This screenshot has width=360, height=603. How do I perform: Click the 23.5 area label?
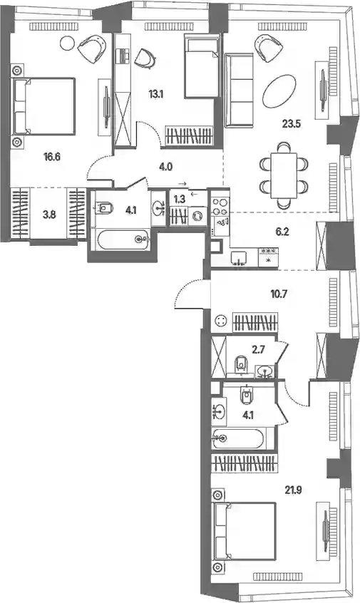click(292, 124)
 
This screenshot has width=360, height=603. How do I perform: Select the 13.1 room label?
click(156, 93)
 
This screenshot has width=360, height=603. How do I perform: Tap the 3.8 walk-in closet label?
click(49, 215)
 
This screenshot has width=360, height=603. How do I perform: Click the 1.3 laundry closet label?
click(180, 198)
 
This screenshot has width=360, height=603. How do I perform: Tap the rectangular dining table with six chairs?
click(284, 175)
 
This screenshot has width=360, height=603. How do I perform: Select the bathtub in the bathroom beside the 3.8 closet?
click(123, 240)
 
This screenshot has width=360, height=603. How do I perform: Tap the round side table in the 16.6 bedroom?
click(68, 41)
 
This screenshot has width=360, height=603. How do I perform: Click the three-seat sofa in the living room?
click(239, 91)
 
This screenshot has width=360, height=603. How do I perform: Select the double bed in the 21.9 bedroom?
click(245, 532)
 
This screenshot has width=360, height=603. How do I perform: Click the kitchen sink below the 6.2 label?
click(240, 259)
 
